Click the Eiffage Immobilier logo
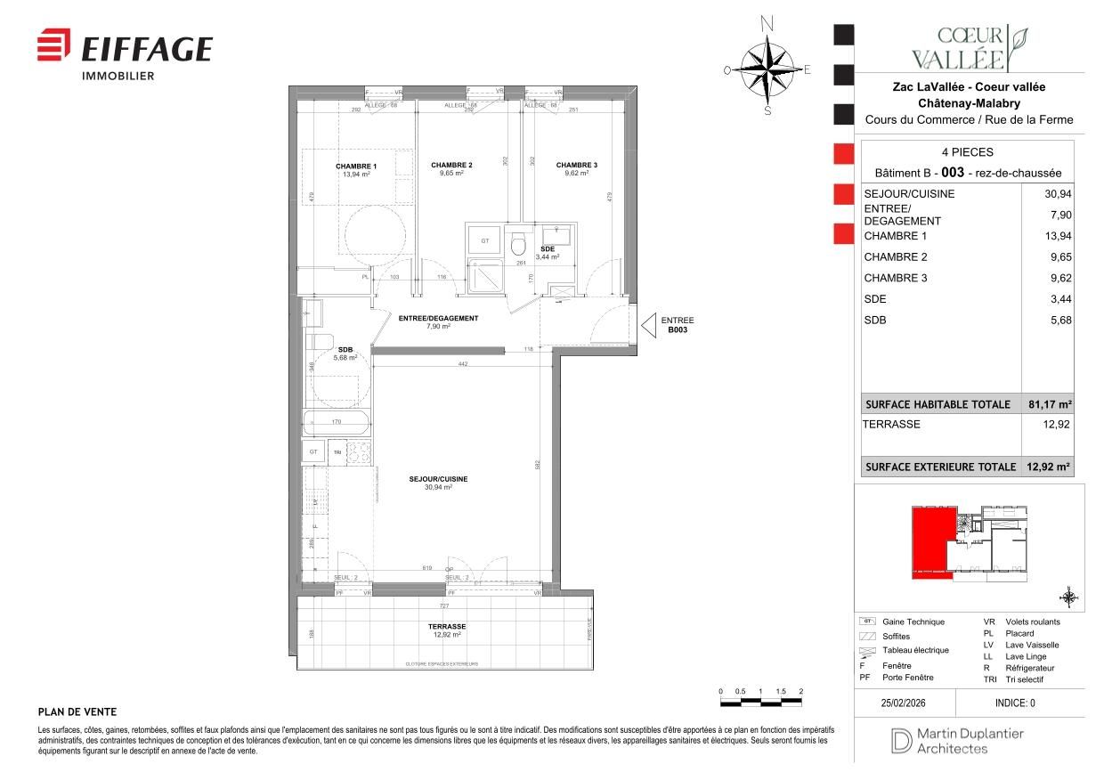[125, 53]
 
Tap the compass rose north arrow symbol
[767, 69]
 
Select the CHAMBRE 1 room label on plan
[355, 167]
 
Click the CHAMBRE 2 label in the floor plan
[451, 166]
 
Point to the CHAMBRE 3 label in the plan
[576, 166]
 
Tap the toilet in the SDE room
[518, 245]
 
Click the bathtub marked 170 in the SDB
[336, 422]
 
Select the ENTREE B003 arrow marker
[649, 325]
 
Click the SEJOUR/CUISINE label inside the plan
[438, 479]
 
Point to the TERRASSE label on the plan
[446, 627]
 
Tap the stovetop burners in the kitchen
[358, 452]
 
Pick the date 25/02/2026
[904, 703]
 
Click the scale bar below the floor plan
[760, 703]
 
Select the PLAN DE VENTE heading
[77, 711]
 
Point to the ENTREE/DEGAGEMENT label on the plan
[438, 319]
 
